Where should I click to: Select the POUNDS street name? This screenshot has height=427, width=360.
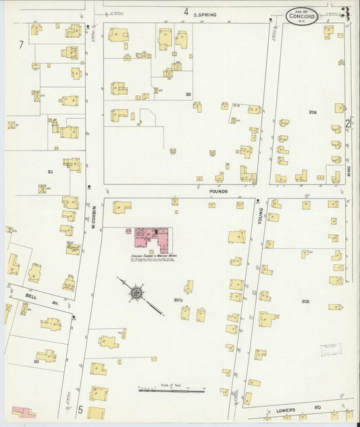(x=217, y=192)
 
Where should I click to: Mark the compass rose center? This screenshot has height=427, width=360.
(x=136, y=293)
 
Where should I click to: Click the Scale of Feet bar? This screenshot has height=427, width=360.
(x=171, y=390)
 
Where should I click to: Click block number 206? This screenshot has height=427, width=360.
(x=313, y=111)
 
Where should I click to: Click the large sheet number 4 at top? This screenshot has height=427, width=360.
(x=185, y=11)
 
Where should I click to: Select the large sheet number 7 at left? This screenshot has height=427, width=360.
(x=22, y=45)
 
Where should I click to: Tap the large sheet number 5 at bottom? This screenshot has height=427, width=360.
(x=80, y=409)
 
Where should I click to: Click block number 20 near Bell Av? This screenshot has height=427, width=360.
(x=36, y=361)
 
